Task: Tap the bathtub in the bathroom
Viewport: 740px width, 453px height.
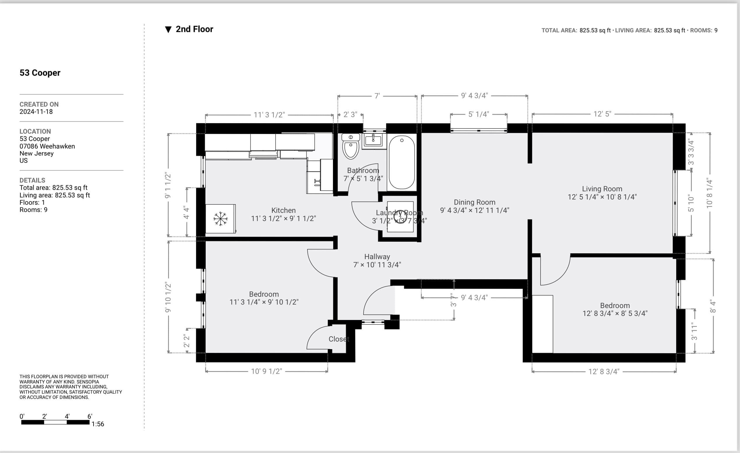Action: click(x=401, y=162)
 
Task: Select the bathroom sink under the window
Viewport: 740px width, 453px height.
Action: click(x=373, y=140)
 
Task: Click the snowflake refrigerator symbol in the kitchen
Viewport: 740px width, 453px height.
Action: click(x=221, y=219)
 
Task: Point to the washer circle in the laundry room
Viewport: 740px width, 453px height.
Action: click(x=400, y=216)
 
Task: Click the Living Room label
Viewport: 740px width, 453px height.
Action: click(x=602, y=189)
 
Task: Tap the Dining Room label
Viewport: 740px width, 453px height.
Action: click(x=474, y=202)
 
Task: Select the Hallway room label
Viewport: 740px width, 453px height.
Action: click(x=377, y=257)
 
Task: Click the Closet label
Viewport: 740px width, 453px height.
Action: click(x=339, y=339)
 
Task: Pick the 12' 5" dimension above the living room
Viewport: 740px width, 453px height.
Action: click(x=602, y=114)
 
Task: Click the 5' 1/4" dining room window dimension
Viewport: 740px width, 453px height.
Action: click(x=478, y=114)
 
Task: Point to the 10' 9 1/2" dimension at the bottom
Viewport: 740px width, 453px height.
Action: click(x=266, y=371)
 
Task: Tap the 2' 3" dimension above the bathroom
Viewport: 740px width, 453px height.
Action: click(x=350, y=115)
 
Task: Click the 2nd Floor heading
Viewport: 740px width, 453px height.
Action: click(x=194, y=29)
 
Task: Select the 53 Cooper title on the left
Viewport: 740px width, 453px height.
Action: click(x=40, y=73)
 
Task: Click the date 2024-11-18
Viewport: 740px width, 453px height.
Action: click(x=36, y=112)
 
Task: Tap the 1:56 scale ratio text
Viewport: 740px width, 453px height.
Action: click(x=98, y=424)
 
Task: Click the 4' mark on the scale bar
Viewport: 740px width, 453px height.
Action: click(x=67, y=417)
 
